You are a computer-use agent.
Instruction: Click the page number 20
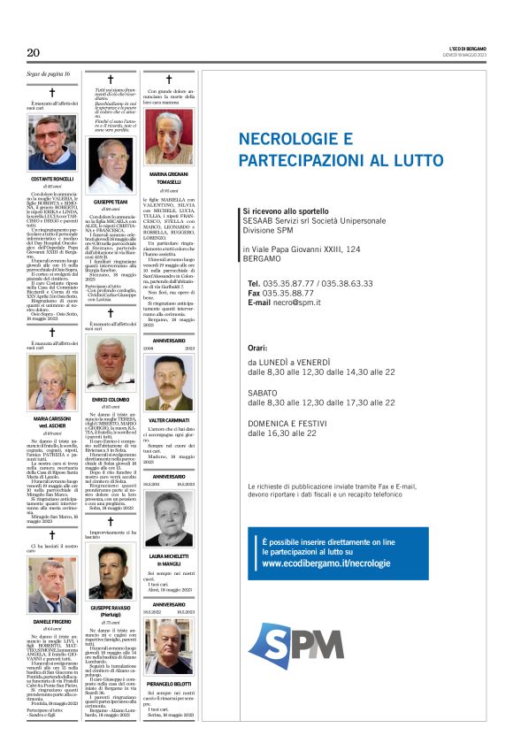coord(34,53)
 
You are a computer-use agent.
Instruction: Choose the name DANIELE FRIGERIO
coord(51,623)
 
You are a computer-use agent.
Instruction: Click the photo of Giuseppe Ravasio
coord(110,576)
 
